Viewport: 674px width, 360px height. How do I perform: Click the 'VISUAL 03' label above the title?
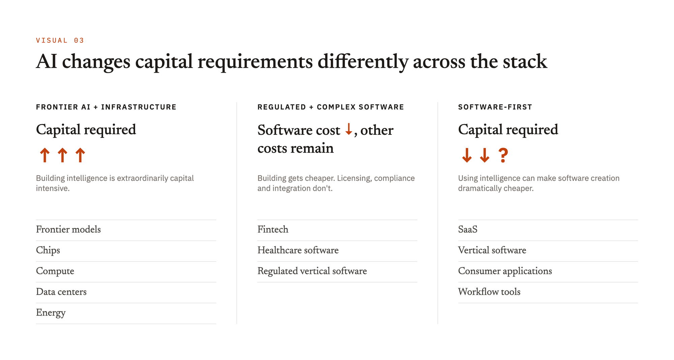click(60, 40)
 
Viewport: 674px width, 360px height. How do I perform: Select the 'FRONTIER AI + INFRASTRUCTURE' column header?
click(106, 107)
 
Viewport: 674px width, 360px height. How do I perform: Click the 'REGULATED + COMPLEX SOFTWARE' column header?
click(331, 107)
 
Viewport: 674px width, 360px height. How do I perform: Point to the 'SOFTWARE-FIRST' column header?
click(495, 107)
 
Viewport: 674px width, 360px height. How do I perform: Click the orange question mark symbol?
click(503, 155)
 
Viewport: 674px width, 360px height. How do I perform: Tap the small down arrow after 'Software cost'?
click(349, 129)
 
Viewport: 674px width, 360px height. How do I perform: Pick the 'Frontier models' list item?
click(68, 230)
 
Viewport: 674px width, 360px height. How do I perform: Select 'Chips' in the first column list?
click(48, 250)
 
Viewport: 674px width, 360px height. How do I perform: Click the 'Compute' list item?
click(55, 271)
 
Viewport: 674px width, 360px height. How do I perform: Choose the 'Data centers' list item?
click(61, 292)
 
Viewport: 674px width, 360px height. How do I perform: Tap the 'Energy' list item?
click(51, 313)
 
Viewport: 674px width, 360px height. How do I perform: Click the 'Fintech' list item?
click(273, 230)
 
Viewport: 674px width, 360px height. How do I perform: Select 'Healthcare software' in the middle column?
click(298, 250)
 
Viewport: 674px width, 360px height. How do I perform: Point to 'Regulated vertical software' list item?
click(312, 271)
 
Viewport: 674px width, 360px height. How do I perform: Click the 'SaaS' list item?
click(468, 230)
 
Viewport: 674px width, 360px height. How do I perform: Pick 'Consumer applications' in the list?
click(505, 271)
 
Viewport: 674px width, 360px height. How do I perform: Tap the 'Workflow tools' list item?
click(489, 292)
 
